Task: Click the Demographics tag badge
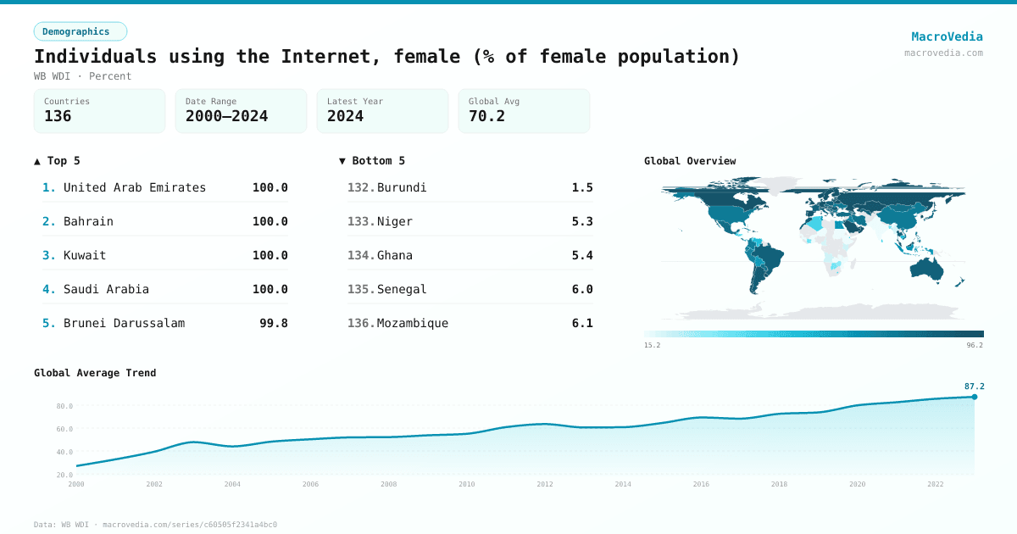[80, 31]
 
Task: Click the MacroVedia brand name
[947, 36]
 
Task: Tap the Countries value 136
[58, 116]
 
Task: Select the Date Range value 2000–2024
[226, 116]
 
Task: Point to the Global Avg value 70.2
[486, 116]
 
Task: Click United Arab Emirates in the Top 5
[134, 187]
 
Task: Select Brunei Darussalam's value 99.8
[273, 323]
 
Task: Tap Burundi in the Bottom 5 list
[402, 187]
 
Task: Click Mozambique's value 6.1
[582, 323]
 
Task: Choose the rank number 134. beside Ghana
[360, 255]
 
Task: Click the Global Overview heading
[690, 161]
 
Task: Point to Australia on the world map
[930, 268]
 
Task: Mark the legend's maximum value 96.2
[975, 345]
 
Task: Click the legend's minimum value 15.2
[652, 345]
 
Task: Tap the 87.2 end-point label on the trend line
[974, 387]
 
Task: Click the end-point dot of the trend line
[974, 397]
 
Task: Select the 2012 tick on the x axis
[545, 484]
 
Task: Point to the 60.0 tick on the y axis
[64, 429]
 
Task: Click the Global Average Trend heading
[95, 373]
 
